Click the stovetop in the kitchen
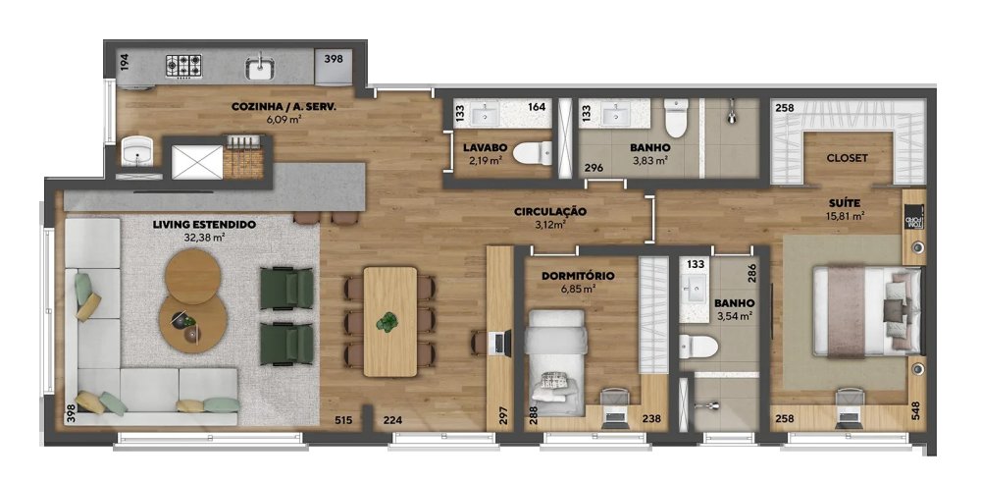point(184,66)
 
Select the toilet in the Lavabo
point(533,153)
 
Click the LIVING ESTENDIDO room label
point(204,224)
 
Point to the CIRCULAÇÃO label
point(550,212)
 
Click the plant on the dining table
point(387,322)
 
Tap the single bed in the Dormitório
point(556,363)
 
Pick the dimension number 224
point(392,420)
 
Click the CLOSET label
point(848,158)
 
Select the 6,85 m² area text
point(577,289)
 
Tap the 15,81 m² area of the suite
point(846,217)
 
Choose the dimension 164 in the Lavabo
point(537,107)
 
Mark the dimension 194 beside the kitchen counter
point(124,61)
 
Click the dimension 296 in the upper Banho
point(594,168)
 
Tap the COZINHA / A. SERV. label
point(284,106)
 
